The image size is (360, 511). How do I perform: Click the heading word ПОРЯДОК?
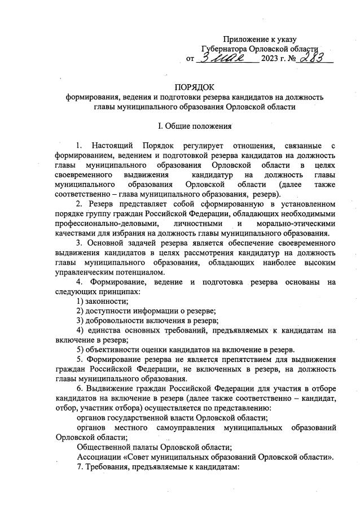click(x=194, y=87)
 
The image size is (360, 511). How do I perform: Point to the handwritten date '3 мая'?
click(x=223, y=58)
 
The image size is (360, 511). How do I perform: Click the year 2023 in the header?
click(x=270, y=59)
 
